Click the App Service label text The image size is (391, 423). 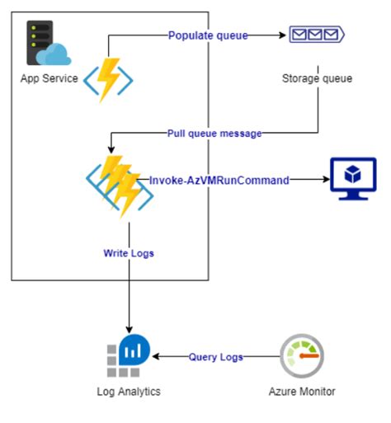coord(49,79)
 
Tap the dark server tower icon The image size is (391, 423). coord(39,43)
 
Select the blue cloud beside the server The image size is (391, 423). coord(59,54)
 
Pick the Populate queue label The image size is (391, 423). coord(207,35)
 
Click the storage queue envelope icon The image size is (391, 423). coord(316,35)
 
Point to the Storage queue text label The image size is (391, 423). coord(317,79)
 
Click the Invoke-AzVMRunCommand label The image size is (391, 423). coord(219,179)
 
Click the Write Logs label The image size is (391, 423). coord(128,252)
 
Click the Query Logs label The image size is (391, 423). coord(216,357)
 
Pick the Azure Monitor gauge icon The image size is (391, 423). coord(302,355)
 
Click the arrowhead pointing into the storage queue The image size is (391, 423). coord(281,35)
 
